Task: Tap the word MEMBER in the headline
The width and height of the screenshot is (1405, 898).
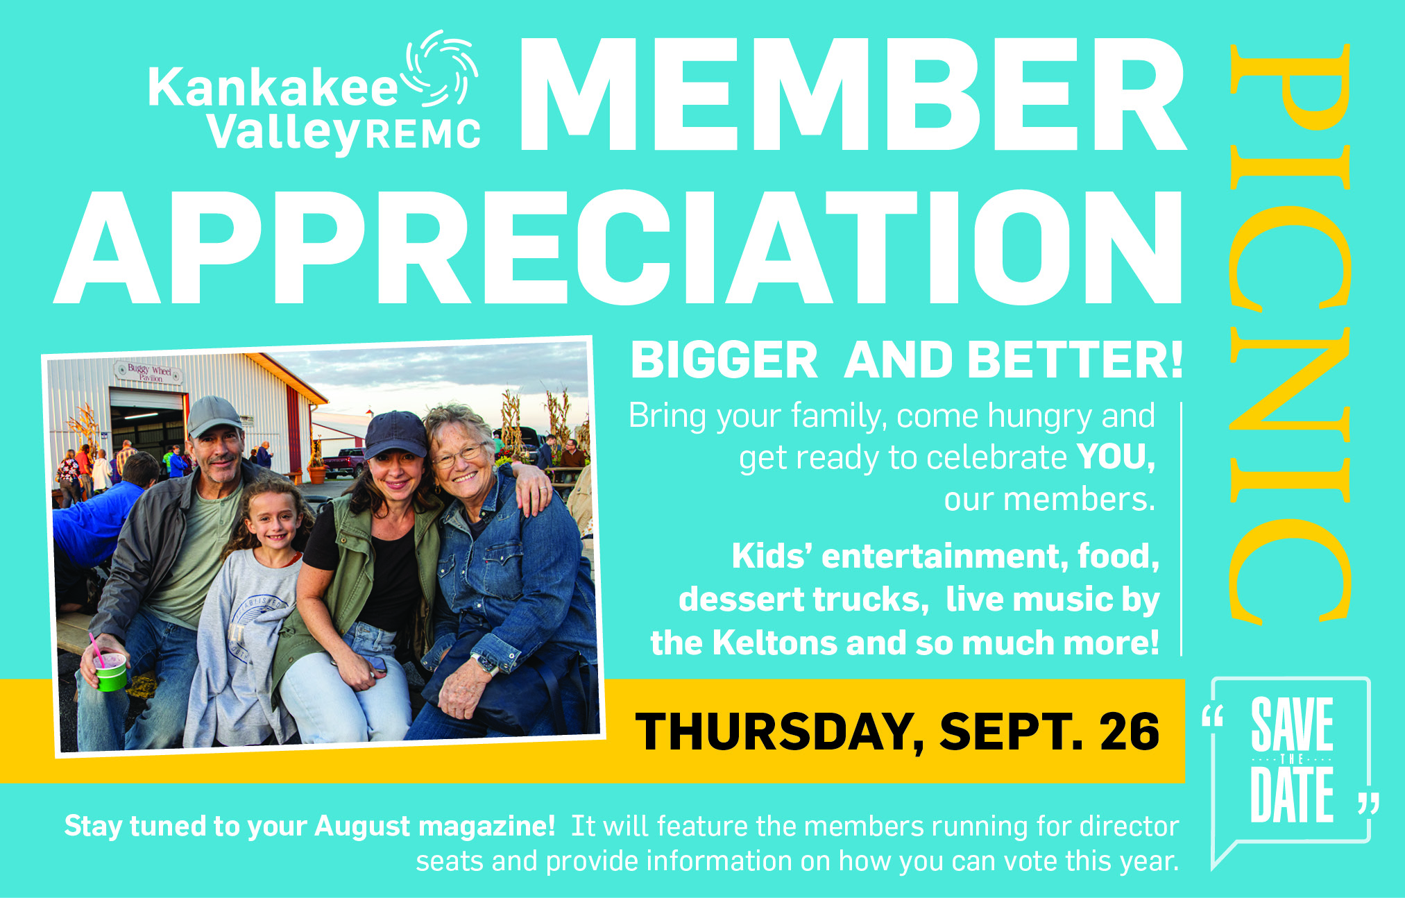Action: (x=852, y=94)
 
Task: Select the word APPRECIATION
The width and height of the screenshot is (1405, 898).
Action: (x=618, y=247)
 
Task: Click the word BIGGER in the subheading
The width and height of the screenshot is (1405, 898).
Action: (x=724, y=360)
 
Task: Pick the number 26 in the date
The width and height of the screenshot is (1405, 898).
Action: (x=1129, y=731)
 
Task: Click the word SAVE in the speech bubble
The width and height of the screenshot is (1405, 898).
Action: (x=1292, y=724)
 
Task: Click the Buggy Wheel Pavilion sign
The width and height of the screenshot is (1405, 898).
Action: (x=150, y=373)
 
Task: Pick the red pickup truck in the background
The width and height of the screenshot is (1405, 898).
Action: (x=343, y=462)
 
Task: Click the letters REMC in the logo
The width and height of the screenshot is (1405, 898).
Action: (x=423, y=134)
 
